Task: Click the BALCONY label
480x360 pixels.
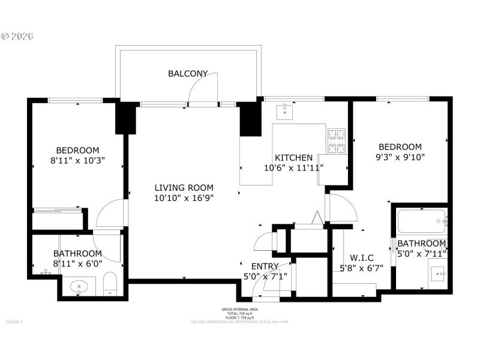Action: (188, 74)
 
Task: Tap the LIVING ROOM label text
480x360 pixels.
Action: (184, 188)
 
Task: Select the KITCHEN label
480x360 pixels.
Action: (293, 158)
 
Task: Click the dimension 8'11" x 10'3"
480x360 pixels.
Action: (77, 160)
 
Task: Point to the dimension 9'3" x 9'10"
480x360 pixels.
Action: (400, 157)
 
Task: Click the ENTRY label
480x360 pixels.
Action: (265, 266)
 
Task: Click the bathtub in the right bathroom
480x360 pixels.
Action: (422, 221)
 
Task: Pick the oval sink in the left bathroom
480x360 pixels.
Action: (79, 287)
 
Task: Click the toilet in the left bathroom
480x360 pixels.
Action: (110, 284)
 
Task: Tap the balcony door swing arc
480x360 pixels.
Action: (200, 88)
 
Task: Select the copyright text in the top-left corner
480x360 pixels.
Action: (17, 36)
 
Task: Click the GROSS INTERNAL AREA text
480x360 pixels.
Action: (239, 310)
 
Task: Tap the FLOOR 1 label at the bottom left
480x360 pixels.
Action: (14, 322)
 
